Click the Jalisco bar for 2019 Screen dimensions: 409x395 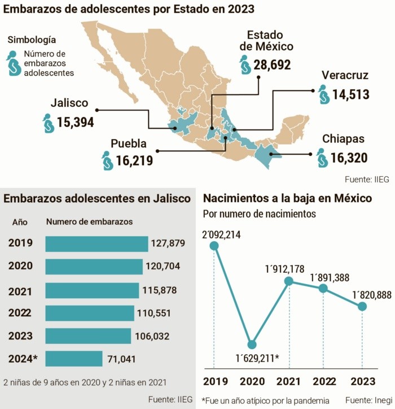point(96,243)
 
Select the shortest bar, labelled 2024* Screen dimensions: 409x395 point(73,358)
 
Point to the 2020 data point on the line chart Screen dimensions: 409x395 point(252,344)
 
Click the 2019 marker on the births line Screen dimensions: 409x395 point(214,245)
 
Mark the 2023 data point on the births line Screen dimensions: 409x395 point(362,306)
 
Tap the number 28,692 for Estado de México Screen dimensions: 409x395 point(272,65)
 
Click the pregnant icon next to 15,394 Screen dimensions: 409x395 point(49,123)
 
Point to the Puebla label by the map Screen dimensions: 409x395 point(128,143)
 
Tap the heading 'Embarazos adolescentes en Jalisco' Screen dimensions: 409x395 point(97,199)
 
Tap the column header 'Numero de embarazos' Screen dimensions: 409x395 point(89,221)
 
